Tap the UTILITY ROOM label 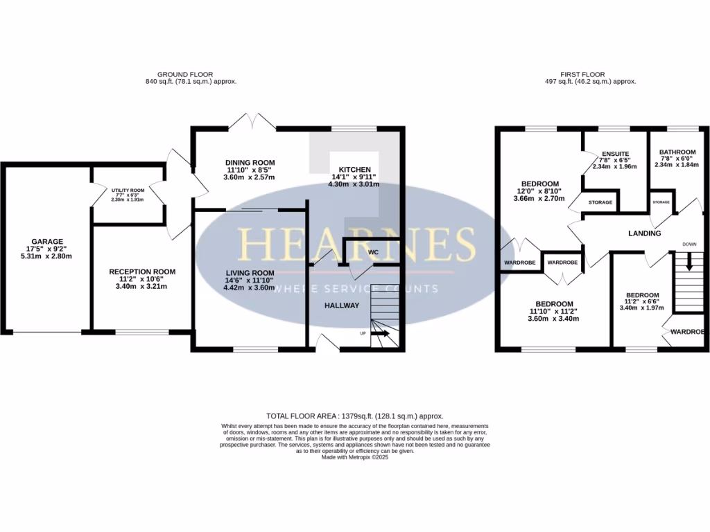(128, 190)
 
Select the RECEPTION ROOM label (142, 272)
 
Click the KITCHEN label (354, 170)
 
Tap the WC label (373, 252)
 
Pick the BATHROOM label (677, 152)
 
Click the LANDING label (645, 233)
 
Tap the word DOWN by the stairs (689, 245)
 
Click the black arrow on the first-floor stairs (689, 263)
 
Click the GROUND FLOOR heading (185, 74)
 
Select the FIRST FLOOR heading (583, 74)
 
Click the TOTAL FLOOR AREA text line (355, 416)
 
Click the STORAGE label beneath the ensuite (600, 202)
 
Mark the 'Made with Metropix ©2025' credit (355, 457)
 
